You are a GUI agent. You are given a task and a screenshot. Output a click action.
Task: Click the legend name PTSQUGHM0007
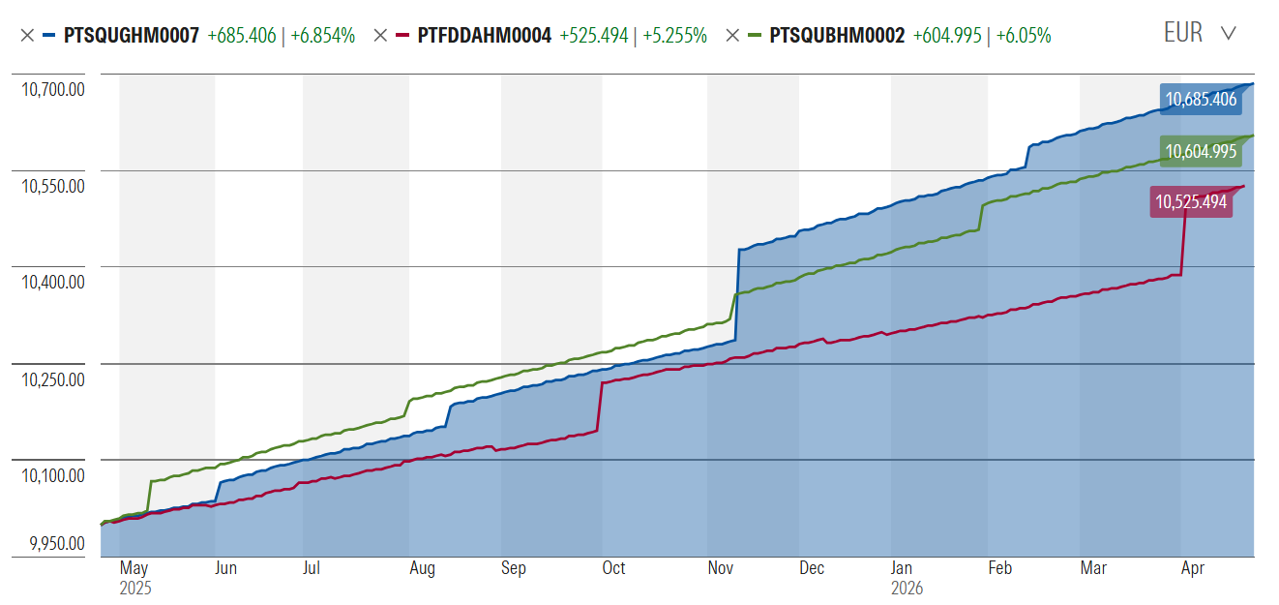point(132,36)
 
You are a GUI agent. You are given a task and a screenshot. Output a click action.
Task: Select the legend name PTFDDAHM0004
point(484,36)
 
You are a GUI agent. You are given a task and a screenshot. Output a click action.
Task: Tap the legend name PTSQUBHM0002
point(837,36)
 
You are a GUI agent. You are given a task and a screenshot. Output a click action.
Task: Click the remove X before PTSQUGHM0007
point(26,36)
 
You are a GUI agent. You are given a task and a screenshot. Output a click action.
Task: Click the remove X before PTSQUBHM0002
point(732,36)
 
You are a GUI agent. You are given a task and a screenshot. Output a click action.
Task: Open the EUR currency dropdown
point(1199,33)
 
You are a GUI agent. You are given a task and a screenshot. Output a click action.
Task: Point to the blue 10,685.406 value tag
point(1201,99)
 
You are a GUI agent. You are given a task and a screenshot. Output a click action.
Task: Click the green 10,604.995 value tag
point(1201,151)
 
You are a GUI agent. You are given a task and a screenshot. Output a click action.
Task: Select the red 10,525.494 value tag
point(1191,202)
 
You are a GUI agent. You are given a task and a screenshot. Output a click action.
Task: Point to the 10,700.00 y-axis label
point(53,90)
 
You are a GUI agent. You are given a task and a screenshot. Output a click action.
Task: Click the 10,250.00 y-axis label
point(53,379)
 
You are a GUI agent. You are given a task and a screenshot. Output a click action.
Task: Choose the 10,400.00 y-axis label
point(53,283)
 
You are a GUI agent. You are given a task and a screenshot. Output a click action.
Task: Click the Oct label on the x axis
point(613,568)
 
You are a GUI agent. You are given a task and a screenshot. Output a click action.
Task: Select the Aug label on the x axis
point(422,568)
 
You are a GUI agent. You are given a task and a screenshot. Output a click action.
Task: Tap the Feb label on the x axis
point(999,568)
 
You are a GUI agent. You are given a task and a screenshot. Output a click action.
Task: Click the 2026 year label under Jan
point(907,588)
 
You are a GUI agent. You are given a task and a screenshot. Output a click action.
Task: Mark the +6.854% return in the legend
point(322,36)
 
